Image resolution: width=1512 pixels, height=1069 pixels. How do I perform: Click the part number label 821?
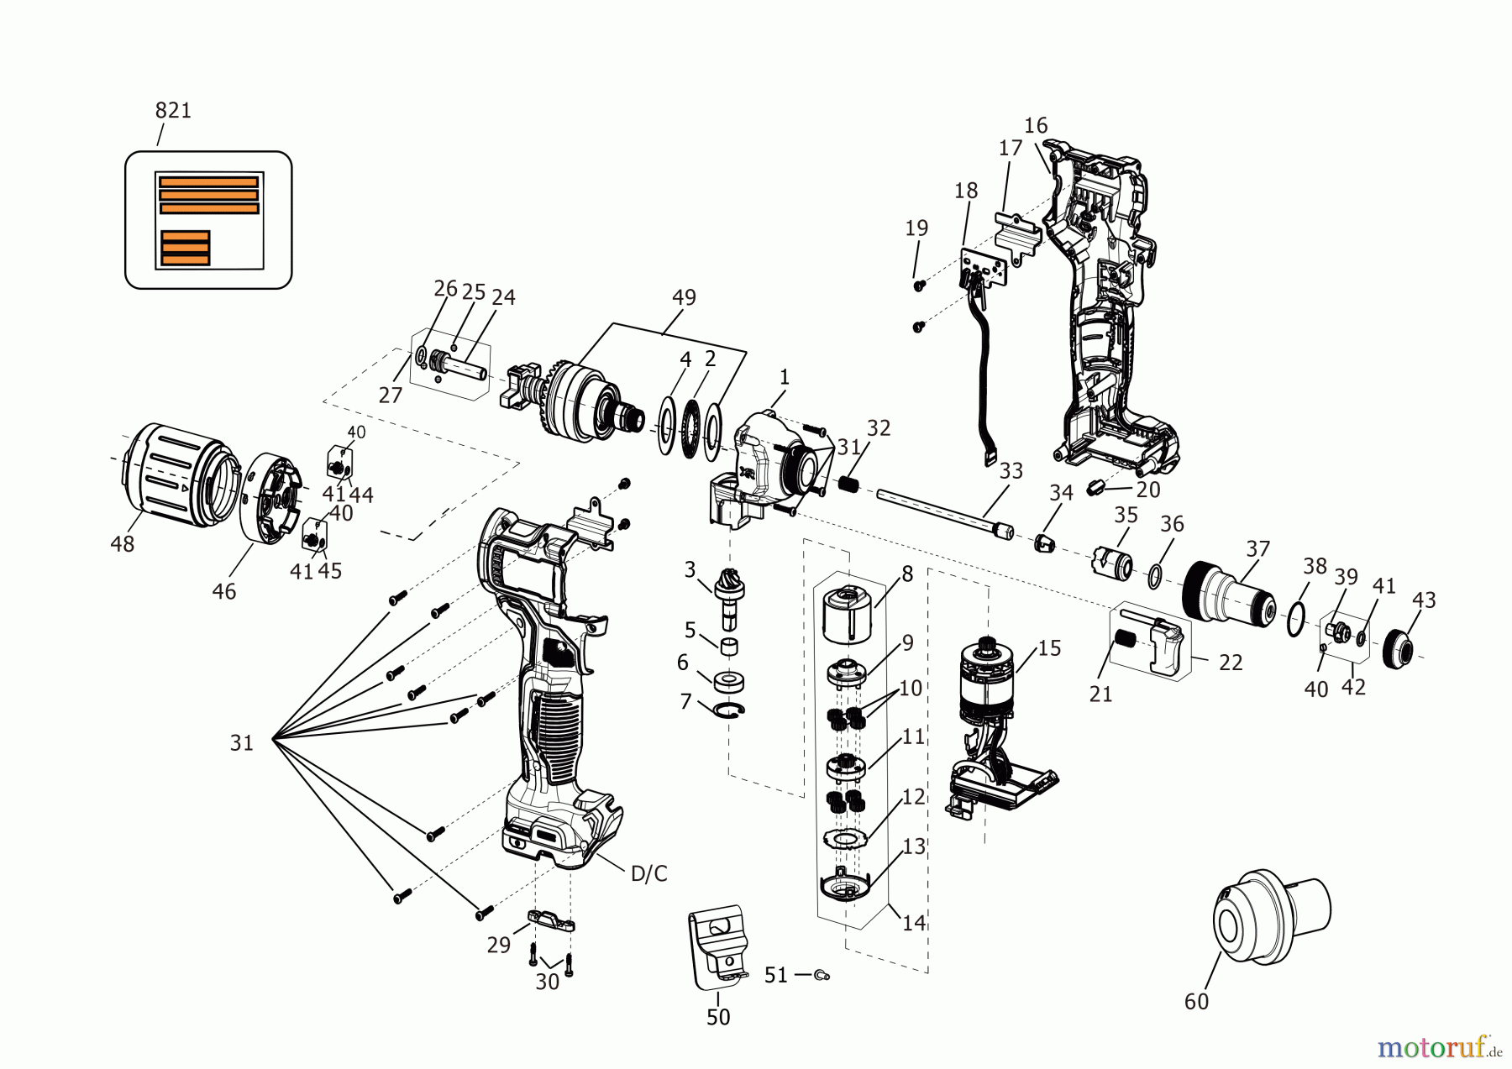point(173,110)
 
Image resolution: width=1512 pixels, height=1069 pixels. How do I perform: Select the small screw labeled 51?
point(822,974)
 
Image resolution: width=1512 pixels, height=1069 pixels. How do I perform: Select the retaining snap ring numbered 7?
point(729,710)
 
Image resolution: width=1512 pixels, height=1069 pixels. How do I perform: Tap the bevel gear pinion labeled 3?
point(727,588)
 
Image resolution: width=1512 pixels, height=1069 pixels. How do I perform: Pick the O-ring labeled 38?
point(1296,619)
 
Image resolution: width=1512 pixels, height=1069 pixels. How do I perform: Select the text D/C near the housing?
point(648,874)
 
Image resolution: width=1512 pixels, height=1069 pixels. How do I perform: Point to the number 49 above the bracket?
point(684,297)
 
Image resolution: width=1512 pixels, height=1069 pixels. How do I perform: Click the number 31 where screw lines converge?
point(241,742)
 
